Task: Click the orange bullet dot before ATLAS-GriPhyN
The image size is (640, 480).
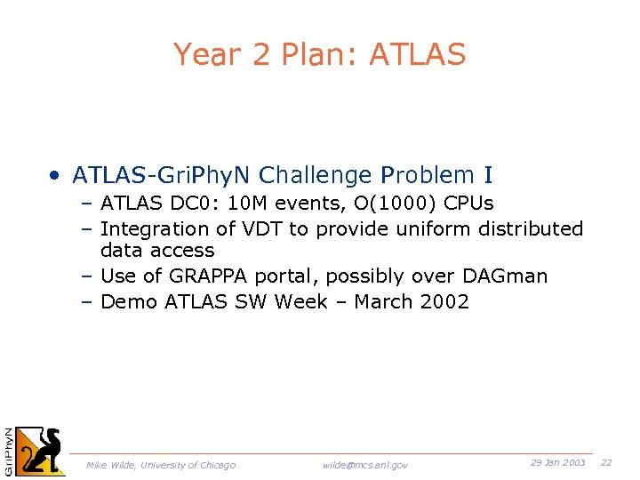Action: click(x=55, y=174)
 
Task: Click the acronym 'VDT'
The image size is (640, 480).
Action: click(x=260, y=229)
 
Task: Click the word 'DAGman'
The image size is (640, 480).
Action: click(x=505, y=276)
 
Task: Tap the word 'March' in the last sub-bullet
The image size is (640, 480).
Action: click(x=384, y=302)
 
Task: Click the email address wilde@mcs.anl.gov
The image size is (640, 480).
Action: click(x=364, y=465)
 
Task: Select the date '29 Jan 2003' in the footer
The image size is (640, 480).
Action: click(x=557, y=463)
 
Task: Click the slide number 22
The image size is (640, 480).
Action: click(x=606, y=463)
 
